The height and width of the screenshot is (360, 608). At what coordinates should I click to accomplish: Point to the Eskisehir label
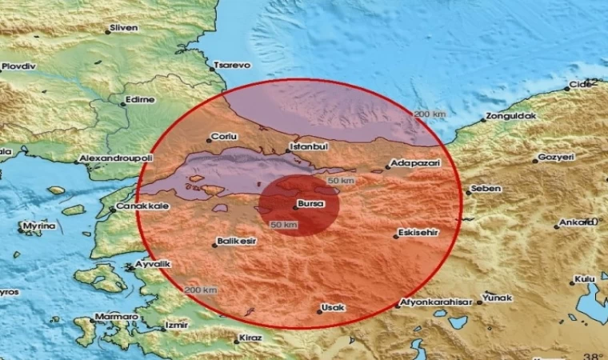pos(418,234)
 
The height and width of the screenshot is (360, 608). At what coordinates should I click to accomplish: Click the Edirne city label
pos(137,101)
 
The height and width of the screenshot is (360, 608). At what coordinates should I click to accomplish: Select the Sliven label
pos(125,28)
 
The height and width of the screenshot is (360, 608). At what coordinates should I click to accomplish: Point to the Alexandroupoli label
pos(114,159)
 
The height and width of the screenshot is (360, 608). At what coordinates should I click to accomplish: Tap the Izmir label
pos(176,326)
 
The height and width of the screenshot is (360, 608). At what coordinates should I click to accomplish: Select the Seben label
pos(486,189)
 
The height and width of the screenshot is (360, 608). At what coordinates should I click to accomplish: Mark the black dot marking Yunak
pos(480,302)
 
